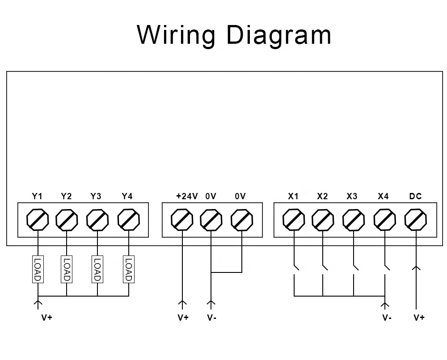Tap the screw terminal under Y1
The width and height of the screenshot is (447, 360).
(x=38, y=219)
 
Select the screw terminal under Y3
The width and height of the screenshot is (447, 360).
(x=97, y=219)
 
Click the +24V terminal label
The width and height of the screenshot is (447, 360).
(x=187, y=196)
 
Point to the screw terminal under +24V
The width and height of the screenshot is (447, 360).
(x=182, y=219)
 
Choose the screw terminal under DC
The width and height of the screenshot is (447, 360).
(x=416, y=219)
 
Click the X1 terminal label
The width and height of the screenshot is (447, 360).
(x=293, y=196)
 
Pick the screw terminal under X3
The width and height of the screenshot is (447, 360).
(x=354, y=219)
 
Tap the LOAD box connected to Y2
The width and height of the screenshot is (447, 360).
(x=67, y=269)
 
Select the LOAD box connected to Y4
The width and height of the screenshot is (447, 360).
(x=129, y=269)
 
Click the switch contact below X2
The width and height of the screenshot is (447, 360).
(x=325, y=267)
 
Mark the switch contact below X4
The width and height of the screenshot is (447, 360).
(x=387, y=267)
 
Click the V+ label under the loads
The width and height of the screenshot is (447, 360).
(x=47, y=318)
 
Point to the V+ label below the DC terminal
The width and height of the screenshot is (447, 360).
(x=419, y=318)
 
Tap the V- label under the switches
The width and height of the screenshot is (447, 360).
(x=387, y=318)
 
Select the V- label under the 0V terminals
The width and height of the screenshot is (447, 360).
(x=212, y=318)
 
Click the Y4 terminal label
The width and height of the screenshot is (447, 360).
(x=127, y=196)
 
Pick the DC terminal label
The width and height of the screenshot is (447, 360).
(x=415, y=196)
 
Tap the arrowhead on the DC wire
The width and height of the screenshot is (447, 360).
(x=416, y=268)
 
